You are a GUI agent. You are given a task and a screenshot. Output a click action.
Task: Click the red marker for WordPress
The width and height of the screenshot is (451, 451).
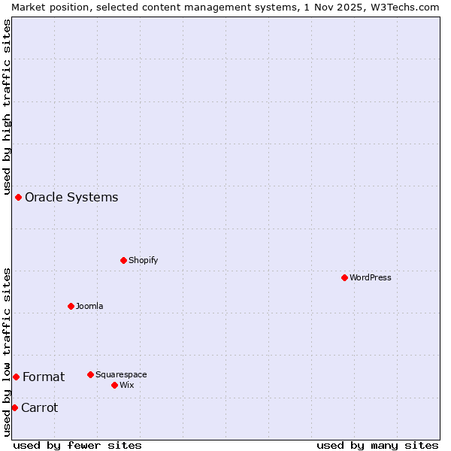[x=344, y=277]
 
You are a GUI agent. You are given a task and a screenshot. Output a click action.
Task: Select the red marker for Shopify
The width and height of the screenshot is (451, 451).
[x=123, y=260]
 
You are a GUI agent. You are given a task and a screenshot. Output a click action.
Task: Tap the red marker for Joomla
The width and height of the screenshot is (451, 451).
[x=71, y=306]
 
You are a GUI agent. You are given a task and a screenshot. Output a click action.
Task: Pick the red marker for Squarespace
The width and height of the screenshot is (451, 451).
[x=90, y=374]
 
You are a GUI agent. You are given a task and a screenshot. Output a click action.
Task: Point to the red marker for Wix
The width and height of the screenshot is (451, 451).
[x=114, y=385]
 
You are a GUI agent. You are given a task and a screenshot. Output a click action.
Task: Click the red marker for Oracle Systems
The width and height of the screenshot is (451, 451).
[x=18, y=197]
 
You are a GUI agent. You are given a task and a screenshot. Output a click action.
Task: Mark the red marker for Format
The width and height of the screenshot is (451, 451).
[x=16, y=377]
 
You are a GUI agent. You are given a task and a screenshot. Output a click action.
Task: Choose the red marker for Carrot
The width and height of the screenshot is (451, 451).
[x=14, y=407]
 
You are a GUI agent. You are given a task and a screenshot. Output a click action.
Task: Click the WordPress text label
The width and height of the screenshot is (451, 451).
[x=371, y=277]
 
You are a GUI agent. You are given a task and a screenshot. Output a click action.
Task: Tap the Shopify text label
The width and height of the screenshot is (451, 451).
[x=143, y=260]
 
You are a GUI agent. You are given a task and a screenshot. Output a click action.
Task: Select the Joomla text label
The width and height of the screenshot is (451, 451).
[x=89, y=306]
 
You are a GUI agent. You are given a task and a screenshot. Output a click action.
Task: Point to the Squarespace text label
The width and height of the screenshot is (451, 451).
[x=121, y=374]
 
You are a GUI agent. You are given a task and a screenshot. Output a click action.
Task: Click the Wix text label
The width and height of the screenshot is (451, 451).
[x=127, y=385]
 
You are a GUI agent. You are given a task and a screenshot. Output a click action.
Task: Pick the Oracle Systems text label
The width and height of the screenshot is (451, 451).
[x=71, y=197]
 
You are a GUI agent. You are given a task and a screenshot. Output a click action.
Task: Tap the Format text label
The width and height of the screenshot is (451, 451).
[x=44, y=377]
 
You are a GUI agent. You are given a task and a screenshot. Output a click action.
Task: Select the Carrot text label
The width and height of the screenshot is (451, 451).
[x=39, y=407]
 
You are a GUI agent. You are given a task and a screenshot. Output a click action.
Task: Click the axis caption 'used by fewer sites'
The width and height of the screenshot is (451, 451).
[x=77, y=445]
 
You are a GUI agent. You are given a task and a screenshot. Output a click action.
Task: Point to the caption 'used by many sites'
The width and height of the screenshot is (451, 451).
[x=377, y=445]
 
